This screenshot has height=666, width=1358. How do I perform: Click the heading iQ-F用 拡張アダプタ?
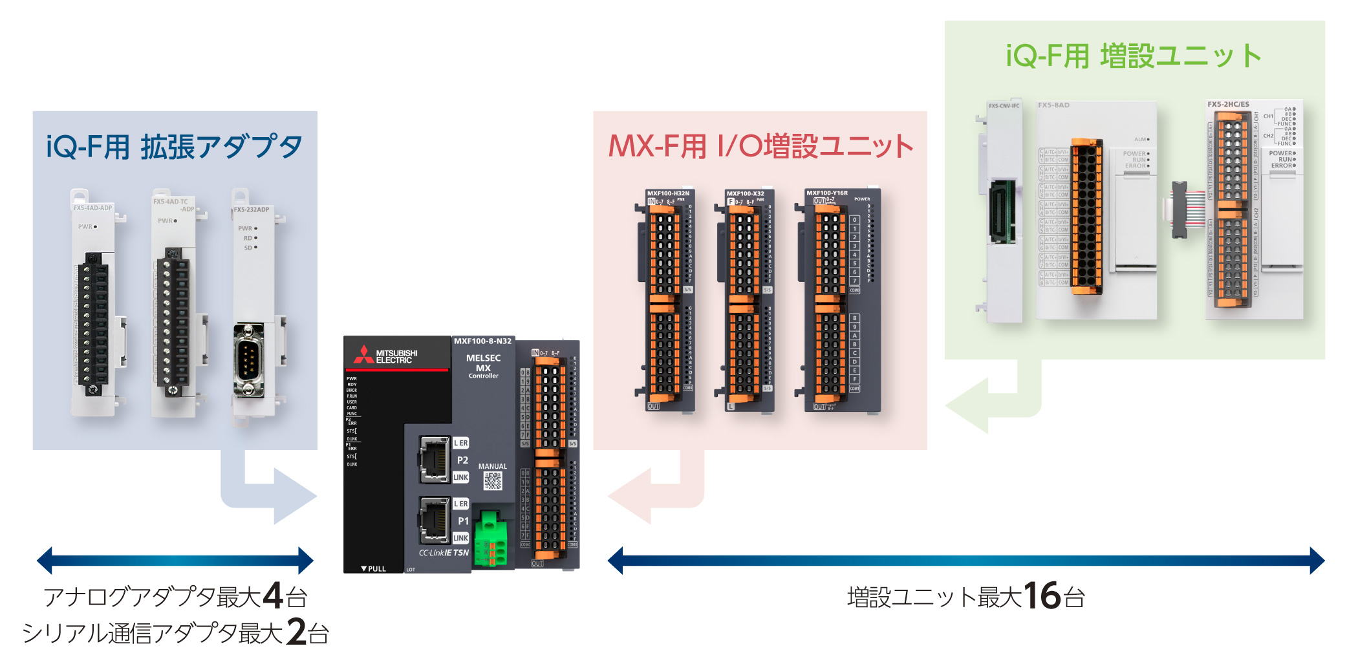[x=174, y=147]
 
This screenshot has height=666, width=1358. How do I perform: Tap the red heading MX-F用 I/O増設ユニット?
[x=760, y=146]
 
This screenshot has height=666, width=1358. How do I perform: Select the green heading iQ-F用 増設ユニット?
[x=1134, y=56]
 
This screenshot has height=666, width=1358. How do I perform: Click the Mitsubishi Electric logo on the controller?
[x=385, y=355]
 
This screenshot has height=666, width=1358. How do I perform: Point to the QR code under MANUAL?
[x=493, y=480]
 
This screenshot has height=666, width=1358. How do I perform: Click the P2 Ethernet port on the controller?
[x=435, y=459]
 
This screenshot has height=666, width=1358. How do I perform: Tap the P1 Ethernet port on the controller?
[x=435, y=519]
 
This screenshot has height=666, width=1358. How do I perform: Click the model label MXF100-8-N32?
[x=482, y=341]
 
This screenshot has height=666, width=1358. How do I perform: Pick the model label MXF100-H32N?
[x=668, y=193]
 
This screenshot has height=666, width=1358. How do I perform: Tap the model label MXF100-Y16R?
[x=826, y=193]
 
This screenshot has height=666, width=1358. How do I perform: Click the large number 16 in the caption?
[x=1042, y=596]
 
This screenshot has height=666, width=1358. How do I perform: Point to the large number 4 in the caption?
[x=273, y=596]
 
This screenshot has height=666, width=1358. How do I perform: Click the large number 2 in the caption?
[x=297, y=632]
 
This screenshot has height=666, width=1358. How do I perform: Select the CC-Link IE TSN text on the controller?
[x=444, y=553]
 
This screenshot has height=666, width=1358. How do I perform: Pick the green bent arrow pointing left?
[x=996, y=404]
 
